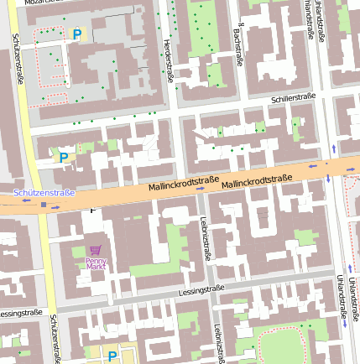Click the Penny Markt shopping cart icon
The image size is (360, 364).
pos(95,250)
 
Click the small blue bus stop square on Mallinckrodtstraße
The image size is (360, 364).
pos(44,204)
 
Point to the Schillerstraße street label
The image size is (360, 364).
pos(293,98)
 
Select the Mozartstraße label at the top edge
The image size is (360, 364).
pos(45,3)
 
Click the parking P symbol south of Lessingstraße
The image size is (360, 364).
pos(112,356)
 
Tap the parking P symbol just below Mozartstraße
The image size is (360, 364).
pos(77,34)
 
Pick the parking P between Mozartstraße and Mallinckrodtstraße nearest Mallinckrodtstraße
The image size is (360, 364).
pos(63,156)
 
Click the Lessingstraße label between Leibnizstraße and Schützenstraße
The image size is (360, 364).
pos(201,290)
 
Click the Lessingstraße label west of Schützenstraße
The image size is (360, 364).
pos(20,313)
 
